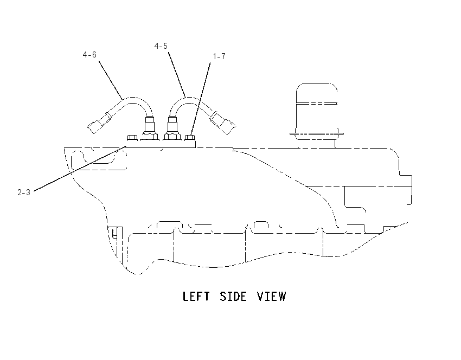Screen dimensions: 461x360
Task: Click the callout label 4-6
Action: (89, 55)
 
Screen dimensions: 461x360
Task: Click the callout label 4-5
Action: (161, 46)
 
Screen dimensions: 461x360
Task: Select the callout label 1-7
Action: (219, 56)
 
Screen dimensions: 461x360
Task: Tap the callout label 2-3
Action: (24, 192)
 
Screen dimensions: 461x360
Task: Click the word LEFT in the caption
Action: (196, 296)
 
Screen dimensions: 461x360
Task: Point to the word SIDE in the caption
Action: (233, 296)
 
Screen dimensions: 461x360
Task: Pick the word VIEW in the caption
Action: (271, 296)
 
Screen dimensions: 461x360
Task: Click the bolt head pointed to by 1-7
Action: (190, 137)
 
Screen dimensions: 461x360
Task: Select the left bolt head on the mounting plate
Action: (132, 137)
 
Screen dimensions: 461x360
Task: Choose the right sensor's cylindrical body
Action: (172, 124)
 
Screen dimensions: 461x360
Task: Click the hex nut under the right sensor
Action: (172, 137)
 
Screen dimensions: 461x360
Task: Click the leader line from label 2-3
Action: (80, 169)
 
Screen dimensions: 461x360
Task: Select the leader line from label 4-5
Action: (177, 75)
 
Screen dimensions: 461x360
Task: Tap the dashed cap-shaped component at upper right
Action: (317, 112)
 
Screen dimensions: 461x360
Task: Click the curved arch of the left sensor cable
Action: (132, 98)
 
